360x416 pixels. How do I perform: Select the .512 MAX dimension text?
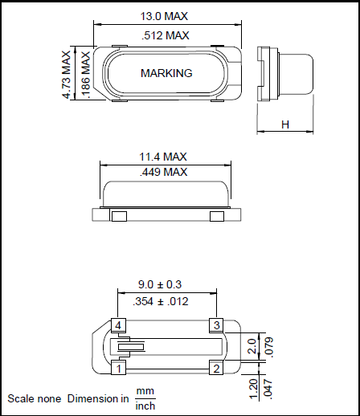coord(165,35)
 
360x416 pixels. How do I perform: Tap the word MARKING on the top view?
coord(166,73)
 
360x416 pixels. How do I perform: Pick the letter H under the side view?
coord(285,124)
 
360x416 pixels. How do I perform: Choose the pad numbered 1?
coord(118,369)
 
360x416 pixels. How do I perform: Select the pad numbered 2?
coord(215,369)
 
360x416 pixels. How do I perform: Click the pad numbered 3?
coord(215,325)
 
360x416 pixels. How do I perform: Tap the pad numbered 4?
coord(118,325)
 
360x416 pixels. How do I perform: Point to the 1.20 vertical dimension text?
coord(254,387)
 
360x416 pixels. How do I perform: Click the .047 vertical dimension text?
coord(270,387)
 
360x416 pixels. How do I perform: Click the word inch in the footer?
coord(145,406)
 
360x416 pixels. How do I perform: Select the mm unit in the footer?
coord(145,392)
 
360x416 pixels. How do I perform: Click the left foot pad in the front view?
coord(118,216)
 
